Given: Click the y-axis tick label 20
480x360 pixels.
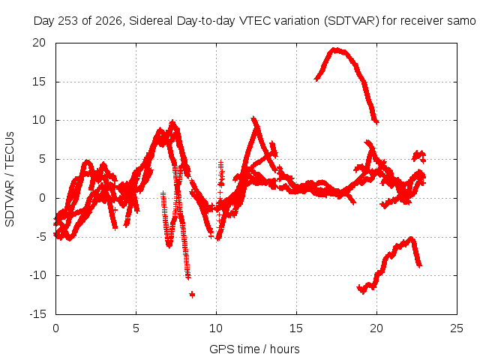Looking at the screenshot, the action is click(39, 43).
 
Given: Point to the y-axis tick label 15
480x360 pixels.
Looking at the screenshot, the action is click(39, 82).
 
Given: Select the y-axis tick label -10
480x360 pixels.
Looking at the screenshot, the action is click(37, 275).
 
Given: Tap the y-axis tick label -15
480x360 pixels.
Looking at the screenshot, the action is click(37, 313).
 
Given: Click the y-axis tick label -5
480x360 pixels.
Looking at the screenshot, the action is click(40, 236).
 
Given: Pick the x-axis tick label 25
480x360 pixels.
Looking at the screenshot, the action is click(457, 328).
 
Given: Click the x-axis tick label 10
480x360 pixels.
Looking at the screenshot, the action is click(216, 328).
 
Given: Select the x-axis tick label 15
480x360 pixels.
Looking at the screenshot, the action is click(296, 328).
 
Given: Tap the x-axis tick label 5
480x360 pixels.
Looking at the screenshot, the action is click(136, 328).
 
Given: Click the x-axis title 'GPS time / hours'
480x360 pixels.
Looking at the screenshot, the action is click(254, 349).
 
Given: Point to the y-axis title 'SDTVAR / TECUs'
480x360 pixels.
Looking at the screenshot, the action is click(10, 179).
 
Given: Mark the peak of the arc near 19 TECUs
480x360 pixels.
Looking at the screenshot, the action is click(336, 50).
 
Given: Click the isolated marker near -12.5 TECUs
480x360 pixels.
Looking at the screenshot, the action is click(192, 295).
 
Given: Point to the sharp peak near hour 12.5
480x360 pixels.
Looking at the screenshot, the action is click(253, 118).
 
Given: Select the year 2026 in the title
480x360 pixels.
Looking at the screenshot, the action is click(109, 21).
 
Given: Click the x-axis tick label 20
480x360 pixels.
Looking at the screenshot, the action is click(376, 328).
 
